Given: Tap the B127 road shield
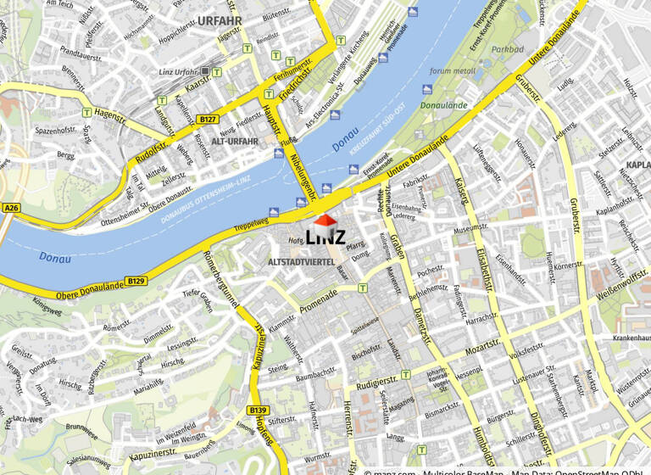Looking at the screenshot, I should click(209, 120).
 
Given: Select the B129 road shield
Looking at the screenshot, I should click(136, 280).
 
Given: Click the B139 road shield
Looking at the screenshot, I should click(259, 411).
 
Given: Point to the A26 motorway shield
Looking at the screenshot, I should click(11, 208).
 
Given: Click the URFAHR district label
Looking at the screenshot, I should click(220, 20).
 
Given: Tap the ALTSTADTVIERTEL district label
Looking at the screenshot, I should click(301, 262).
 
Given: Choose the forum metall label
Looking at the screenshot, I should click(453, 71).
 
